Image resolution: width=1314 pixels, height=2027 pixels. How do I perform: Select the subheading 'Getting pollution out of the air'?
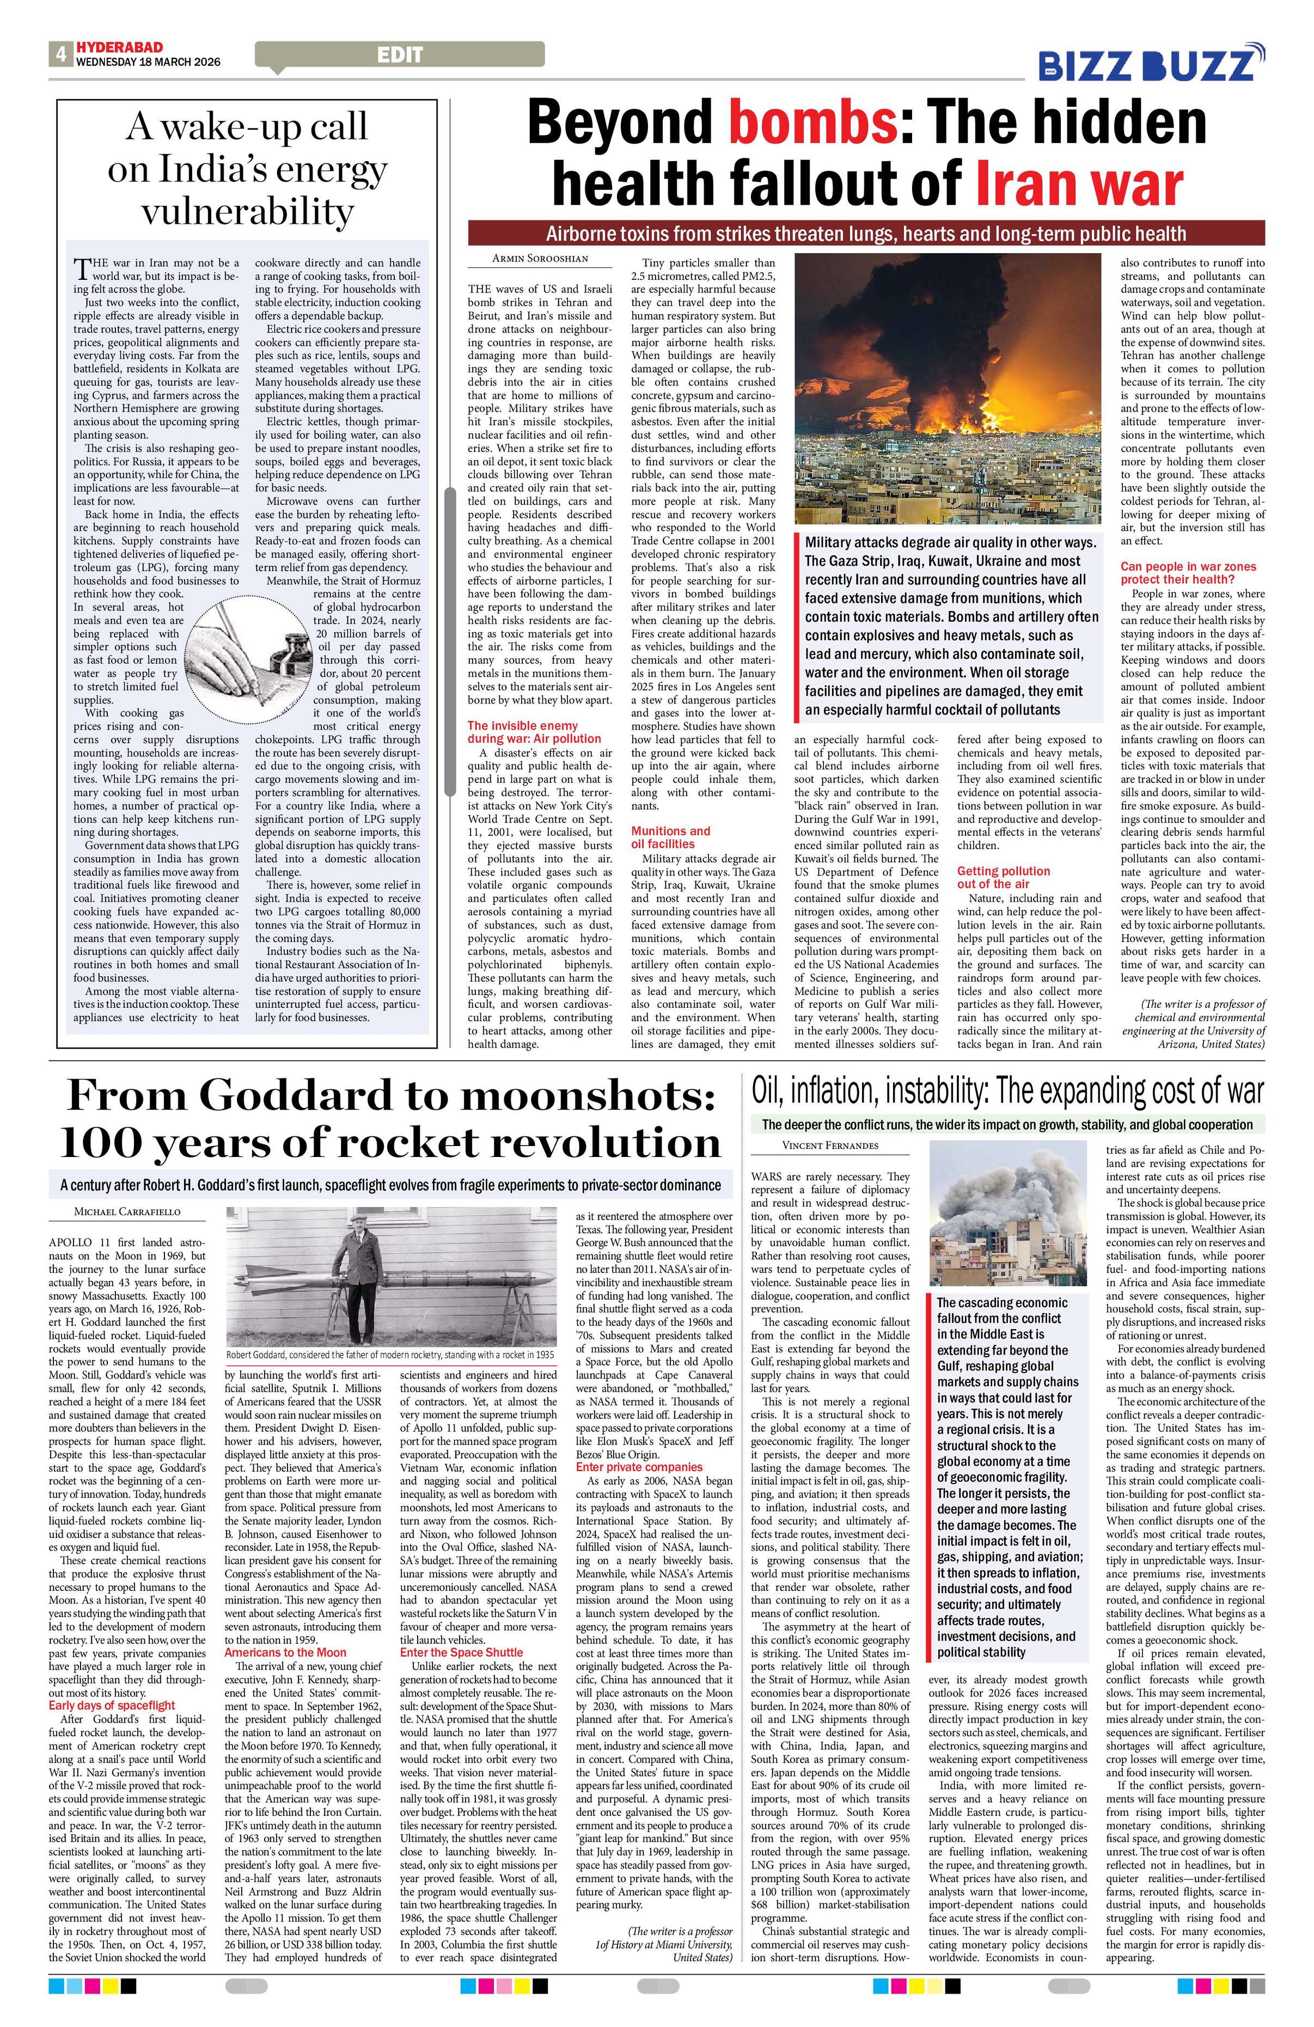click(1003, 877)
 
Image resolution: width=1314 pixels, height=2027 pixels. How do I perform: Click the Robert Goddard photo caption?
click(392, 1354)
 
